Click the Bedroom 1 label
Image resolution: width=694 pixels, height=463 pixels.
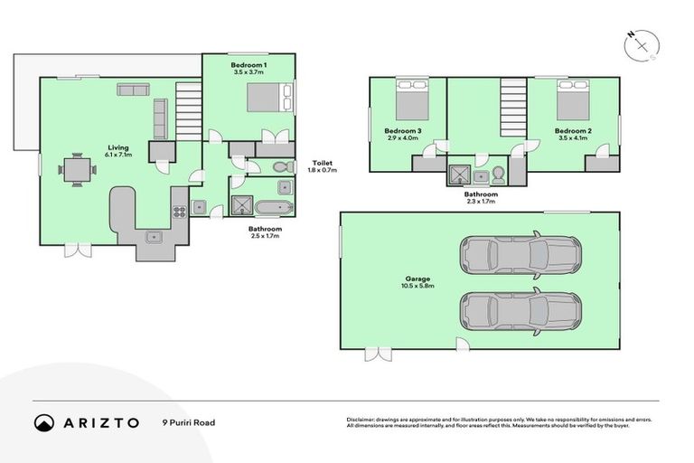(248, 65)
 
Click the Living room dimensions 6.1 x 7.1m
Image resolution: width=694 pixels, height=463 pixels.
(118, 156)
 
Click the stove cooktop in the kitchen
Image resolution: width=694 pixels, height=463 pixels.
(179, 211)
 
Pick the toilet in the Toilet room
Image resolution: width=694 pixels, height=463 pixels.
(279, 166)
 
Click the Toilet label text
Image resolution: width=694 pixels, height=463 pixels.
(322, 163)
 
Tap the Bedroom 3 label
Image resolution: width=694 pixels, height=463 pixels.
(402, 131)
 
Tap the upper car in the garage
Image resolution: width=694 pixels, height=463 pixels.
(520, 255)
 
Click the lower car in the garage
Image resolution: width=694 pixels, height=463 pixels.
(520, 310)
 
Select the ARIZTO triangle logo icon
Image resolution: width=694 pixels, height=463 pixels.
(43, 422)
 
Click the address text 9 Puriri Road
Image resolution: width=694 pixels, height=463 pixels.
(188, 422)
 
